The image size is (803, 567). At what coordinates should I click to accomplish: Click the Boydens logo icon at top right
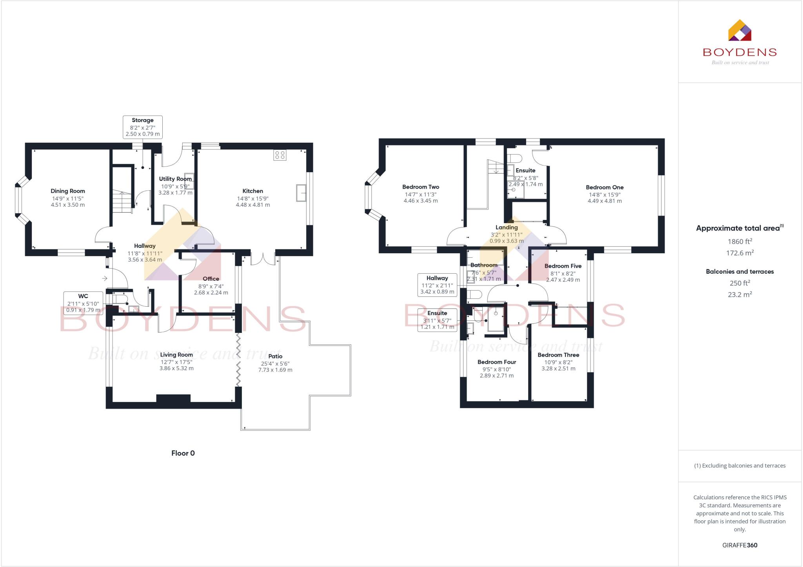(739, 31)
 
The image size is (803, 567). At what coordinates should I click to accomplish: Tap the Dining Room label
(68, 191)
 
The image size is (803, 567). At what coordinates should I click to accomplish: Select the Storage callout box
(142, 127)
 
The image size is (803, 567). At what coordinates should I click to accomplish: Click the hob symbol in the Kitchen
(280, 155)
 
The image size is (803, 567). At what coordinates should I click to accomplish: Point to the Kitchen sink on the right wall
(301, 193)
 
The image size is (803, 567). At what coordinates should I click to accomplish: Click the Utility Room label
(175, 179)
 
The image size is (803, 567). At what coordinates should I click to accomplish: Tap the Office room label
(211, 279)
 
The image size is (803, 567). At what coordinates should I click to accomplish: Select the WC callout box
(83, 303)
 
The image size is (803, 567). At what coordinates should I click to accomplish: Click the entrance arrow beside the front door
(105, 278)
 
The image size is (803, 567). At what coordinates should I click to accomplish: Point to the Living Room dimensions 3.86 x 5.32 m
(176, 368)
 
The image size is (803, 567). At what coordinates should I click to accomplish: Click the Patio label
(275, 356)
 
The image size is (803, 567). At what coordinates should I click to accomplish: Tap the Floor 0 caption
(183, 453)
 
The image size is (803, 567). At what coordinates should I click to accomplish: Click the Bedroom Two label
(421, 187)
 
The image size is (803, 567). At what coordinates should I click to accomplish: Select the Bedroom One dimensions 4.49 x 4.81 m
(605, 201)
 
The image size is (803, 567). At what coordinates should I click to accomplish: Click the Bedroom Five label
(563, 266)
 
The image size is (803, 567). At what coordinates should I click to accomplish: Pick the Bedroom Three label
(558, 355)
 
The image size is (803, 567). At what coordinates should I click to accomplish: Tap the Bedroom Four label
(497, 362)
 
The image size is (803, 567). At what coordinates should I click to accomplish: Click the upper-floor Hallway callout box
(437, 285)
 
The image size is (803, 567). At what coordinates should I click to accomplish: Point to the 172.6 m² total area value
(740, 253)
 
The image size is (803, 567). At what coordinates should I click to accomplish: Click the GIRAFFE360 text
(739, 545)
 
